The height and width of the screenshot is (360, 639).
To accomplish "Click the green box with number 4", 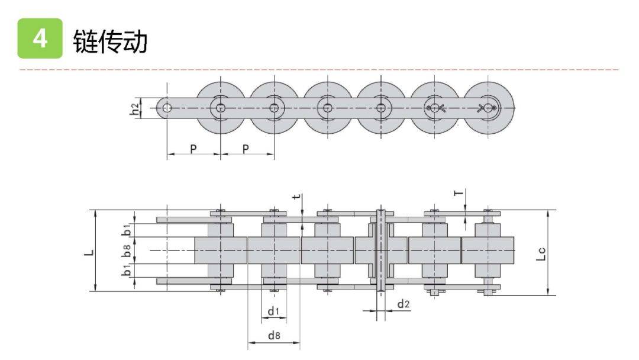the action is (40, 38).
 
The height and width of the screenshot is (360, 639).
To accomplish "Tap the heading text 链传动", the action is (110, 41).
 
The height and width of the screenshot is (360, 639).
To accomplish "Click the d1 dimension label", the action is (274, 312).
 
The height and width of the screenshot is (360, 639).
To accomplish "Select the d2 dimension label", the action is (403, 304).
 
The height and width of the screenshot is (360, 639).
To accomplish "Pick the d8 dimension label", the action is (274, 335).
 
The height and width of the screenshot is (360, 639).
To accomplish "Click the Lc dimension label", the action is (541, 253).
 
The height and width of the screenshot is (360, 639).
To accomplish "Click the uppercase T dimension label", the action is (459, 192).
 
